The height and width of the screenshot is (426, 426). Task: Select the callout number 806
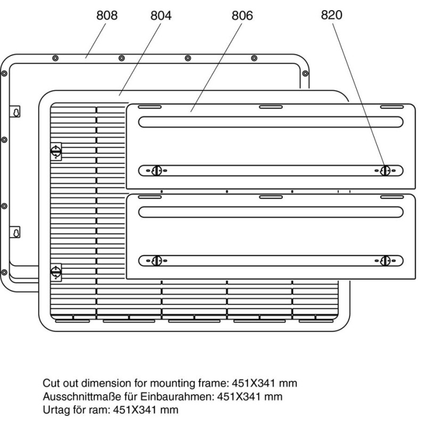pos(242,16)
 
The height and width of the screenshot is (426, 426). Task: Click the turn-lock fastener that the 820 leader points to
pos(386,170)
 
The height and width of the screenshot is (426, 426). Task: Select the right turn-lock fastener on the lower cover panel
pos(386,260)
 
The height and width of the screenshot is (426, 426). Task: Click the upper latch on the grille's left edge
pos(55,152)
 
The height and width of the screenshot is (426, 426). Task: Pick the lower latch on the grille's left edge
pos(55,272)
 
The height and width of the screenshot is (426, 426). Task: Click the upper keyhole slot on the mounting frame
pos(17,112)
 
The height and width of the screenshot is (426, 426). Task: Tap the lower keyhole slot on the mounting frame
pos(17,233)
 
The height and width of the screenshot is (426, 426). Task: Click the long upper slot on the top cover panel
pos(271,121)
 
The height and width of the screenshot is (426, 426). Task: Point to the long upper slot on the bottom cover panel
pos(271,211)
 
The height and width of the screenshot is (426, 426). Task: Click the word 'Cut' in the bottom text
pos(51,383)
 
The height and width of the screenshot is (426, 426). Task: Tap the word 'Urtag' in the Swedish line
pos(56,410)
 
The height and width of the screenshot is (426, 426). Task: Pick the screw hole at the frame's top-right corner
pos(305,73)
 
